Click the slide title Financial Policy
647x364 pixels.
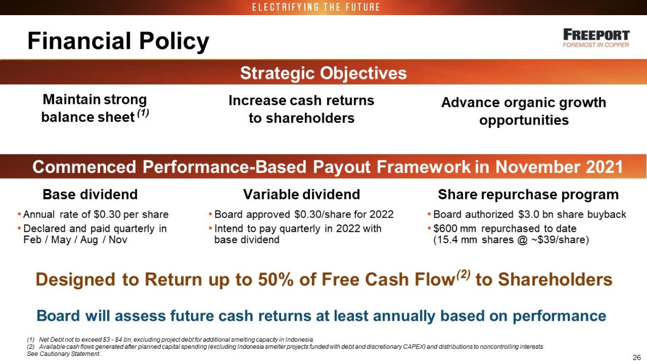coord(118,41)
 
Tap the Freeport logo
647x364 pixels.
coord(596,38)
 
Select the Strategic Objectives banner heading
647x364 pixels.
coord(323,73)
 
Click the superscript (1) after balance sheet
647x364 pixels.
coord(143,113)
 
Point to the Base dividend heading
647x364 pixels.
coord(90,194)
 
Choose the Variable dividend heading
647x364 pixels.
coord(301,194)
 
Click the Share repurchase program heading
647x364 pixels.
coord(529,194)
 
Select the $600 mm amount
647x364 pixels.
coord(455,228)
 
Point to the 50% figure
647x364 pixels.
coord(276,280)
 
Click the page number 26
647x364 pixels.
coord(637,358)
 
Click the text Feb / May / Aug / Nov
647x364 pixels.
coord(75,240)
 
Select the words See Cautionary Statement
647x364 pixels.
coord(64,354)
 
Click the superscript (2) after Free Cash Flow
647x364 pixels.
coord(463,274)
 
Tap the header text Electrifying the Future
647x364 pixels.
coord(316,7)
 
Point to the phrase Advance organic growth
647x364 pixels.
coord(523,102)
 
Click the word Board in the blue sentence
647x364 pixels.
coord(58,316)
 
